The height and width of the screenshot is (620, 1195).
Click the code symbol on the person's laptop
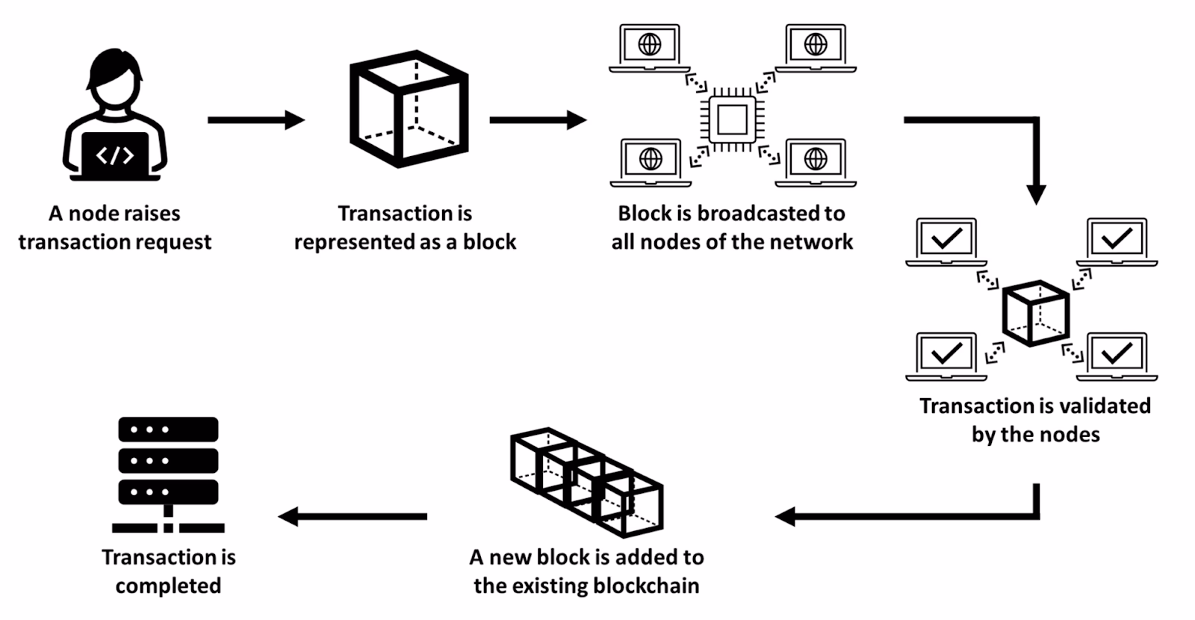(115, 155)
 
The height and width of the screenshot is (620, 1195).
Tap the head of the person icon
(114, 81)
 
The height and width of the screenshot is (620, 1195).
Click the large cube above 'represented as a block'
(409, 109)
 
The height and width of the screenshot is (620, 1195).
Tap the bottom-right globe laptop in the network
(816, 161)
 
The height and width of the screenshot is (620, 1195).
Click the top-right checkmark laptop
(1117, 241)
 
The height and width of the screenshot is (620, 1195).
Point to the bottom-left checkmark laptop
(946, 356)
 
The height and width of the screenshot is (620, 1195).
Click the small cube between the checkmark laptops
(1035, 313)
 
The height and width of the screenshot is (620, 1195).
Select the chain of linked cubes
(587, 481)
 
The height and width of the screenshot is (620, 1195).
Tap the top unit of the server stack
(168, 430)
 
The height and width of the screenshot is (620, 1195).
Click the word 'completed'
(168, 586)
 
